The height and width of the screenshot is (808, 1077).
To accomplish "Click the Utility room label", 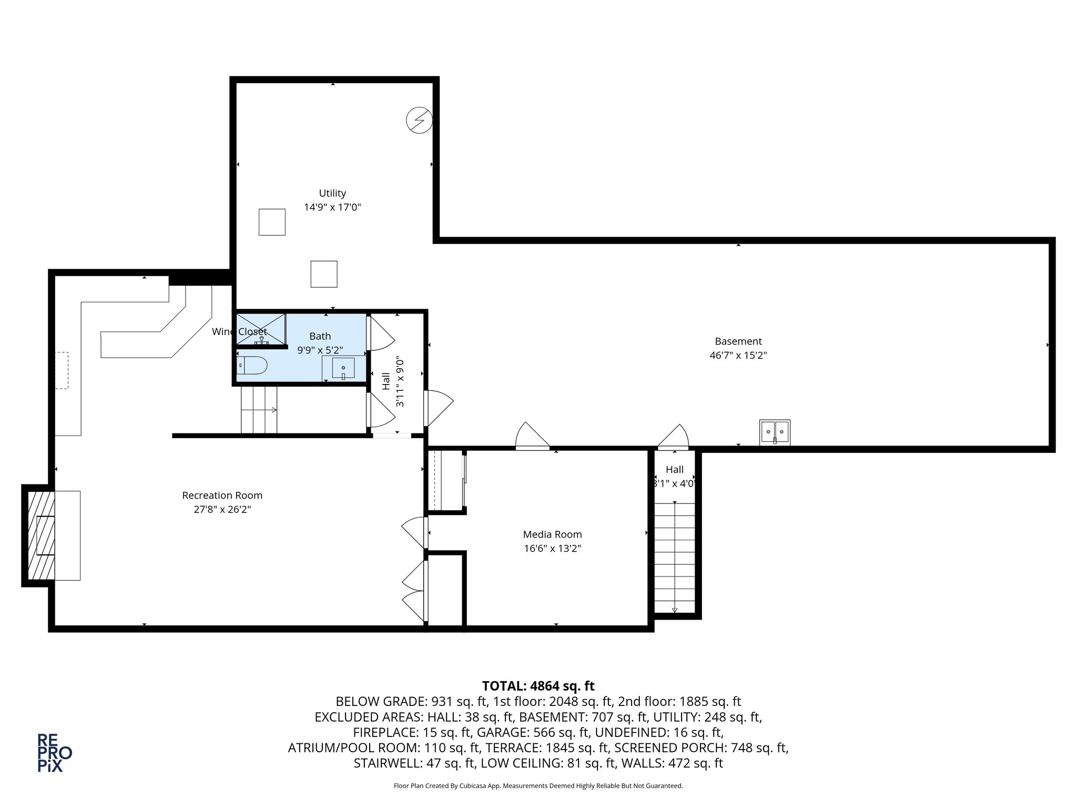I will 332,193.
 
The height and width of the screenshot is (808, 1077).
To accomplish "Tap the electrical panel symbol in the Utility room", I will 419,120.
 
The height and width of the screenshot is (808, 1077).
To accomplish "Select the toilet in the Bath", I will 252,365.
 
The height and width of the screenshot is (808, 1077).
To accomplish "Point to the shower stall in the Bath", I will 261,329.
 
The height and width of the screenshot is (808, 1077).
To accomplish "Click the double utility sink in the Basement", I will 775,432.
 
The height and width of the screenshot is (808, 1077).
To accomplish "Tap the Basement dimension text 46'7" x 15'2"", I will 738,355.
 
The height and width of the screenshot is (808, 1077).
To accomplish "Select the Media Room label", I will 552,534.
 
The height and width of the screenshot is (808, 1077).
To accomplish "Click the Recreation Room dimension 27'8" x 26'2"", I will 222,509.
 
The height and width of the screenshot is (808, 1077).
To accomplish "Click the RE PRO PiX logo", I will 54,753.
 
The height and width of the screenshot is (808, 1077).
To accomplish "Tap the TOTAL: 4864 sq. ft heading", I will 538,686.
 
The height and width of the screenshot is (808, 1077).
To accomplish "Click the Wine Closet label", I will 239,332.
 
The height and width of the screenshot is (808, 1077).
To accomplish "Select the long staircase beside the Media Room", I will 675,558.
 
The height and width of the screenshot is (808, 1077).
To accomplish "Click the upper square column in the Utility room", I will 272,222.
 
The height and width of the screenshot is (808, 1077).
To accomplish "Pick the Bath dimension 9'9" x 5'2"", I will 320,350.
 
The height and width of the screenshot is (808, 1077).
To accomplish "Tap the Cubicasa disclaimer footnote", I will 538,786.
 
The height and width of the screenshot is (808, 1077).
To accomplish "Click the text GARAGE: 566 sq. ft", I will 561,732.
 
